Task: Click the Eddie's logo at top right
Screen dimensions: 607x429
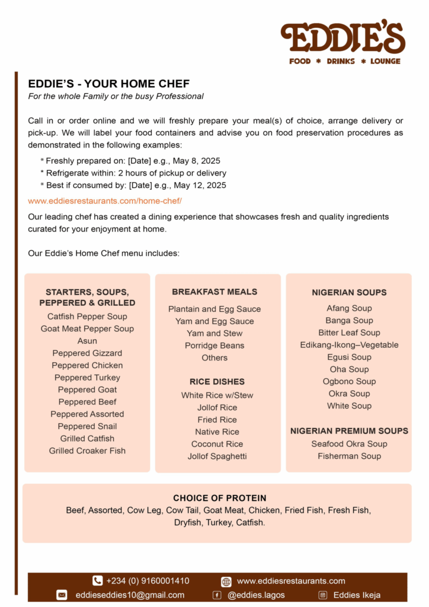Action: pos(343,40)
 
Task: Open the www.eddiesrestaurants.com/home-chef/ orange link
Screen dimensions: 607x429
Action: pos(105,201)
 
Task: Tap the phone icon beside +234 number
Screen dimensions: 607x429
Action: pos(97,581)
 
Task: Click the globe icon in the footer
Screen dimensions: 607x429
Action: pos(226,582)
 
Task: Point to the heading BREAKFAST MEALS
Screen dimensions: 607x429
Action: pos(214,292)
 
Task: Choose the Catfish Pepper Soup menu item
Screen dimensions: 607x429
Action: pos(87,317)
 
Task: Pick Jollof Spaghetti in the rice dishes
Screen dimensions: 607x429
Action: pos(217,456)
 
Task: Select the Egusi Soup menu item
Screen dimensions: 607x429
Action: pos(349,357)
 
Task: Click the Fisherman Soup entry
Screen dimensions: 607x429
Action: pos(349,456)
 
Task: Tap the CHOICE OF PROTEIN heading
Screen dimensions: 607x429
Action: pos(219,498)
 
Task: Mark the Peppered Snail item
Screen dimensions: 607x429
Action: pos(87,426)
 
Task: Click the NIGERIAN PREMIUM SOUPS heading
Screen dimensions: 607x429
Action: pos(349,431)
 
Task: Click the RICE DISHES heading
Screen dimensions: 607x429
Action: pos(217,382)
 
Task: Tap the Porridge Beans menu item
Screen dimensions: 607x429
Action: pos(214,346)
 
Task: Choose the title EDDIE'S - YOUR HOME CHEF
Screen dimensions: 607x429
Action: pos(108,84)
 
